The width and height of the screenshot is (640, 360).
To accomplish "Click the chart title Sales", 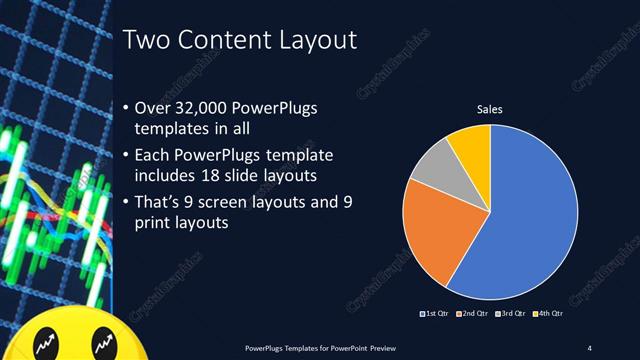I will [x=489, y=109].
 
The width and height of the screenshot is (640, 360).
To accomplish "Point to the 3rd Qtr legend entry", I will [x=512, y=314].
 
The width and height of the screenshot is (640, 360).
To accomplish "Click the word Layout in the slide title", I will [x=313, y=41].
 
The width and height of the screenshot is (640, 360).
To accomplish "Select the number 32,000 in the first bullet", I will [x=204, y=107].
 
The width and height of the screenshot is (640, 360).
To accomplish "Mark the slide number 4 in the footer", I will [x=590, y=348].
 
